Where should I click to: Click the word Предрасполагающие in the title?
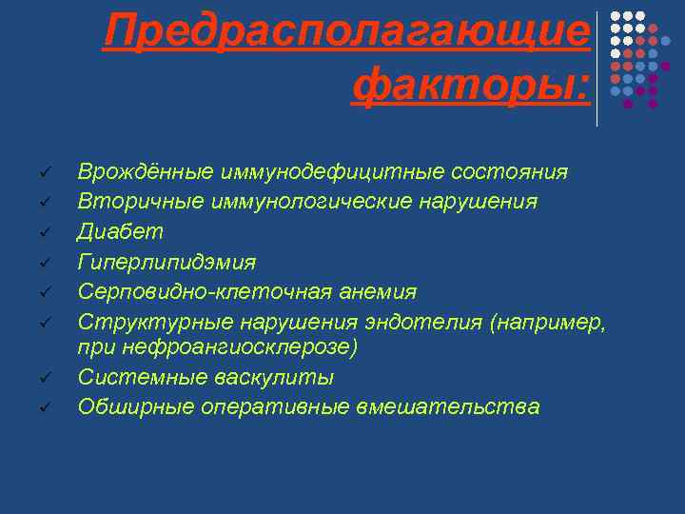click(347, 31)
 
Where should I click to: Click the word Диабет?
click(121, 231)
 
